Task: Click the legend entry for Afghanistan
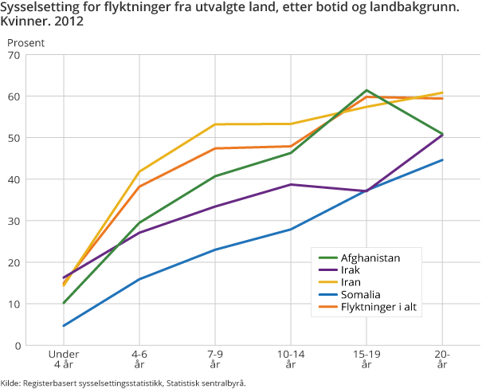pyautogui.click(x=370, y=257)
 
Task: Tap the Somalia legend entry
pyautogui.click(x=360, y=295)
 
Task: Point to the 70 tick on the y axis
pyautogui.click(x=14, y=55)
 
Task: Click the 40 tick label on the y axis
pyautogui.click(x=14, y=179)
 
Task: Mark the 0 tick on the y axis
pyautogui.click(x=17, y=346)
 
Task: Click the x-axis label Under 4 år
pyautogui.click(x=64, y=359)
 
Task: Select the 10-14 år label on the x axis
pyautogui.click(x=291, y=359)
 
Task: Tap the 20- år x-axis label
pyautogui.click(x=442, y=359)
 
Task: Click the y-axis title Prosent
pyautogui.click(x=26, y=41)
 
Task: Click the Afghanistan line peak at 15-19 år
pyautogui.click(x=366, y=90)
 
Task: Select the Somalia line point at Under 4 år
pyautogui.click(x=64, y=326)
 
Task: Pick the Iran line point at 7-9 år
pyautogui.click(x=215, y=124)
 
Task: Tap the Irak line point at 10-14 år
pyautogui.click(x=291, y=184)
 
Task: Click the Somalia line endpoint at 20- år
pyautogui.click(x=442, y=160)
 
